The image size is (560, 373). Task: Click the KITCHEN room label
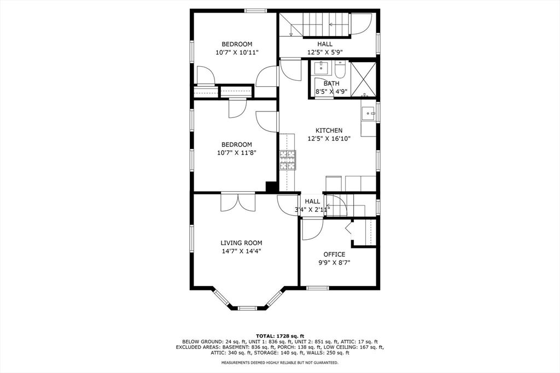tap(329, 131)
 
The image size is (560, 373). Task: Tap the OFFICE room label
tap(334, 254)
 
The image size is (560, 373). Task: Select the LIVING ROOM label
tap(241, 243)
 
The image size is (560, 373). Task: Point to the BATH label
tap(331, 84)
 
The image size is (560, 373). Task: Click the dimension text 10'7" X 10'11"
tap(237, 52)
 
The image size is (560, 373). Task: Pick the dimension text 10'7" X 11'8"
tap(237, 153)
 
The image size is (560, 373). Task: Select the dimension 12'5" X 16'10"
tap(329, 139)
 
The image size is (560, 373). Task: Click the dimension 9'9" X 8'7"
tap(334, 263)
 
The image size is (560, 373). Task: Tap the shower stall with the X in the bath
tap(363, 79)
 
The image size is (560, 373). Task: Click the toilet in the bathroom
tap(340, 70)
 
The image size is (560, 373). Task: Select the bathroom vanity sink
tap(321, 69)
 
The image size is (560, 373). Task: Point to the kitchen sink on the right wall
tap(368, 114)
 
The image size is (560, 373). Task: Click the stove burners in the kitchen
tap(288, 159)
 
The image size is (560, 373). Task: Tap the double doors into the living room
tap(238, 202)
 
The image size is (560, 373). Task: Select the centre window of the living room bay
tap(247, 308)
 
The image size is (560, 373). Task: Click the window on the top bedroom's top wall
tap(255, 10)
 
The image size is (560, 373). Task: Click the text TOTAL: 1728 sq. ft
tap(279, 335)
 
